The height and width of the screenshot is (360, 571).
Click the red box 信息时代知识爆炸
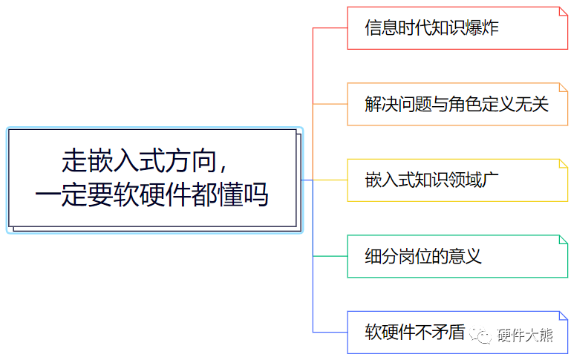(457, 28)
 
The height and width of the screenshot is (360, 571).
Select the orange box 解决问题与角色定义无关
(457, 104)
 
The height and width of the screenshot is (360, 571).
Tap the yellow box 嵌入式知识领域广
(457, 180)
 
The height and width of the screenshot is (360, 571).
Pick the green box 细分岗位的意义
(457, 256)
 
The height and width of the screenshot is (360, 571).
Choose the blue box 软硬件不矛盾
(457, 332)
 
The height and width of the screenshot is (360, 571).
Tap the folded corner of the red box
(563, 12)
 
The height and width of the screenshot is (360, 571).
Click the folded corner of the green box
(563, 240)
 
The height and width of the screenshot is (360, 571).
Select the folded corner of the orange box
(563, 88)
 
